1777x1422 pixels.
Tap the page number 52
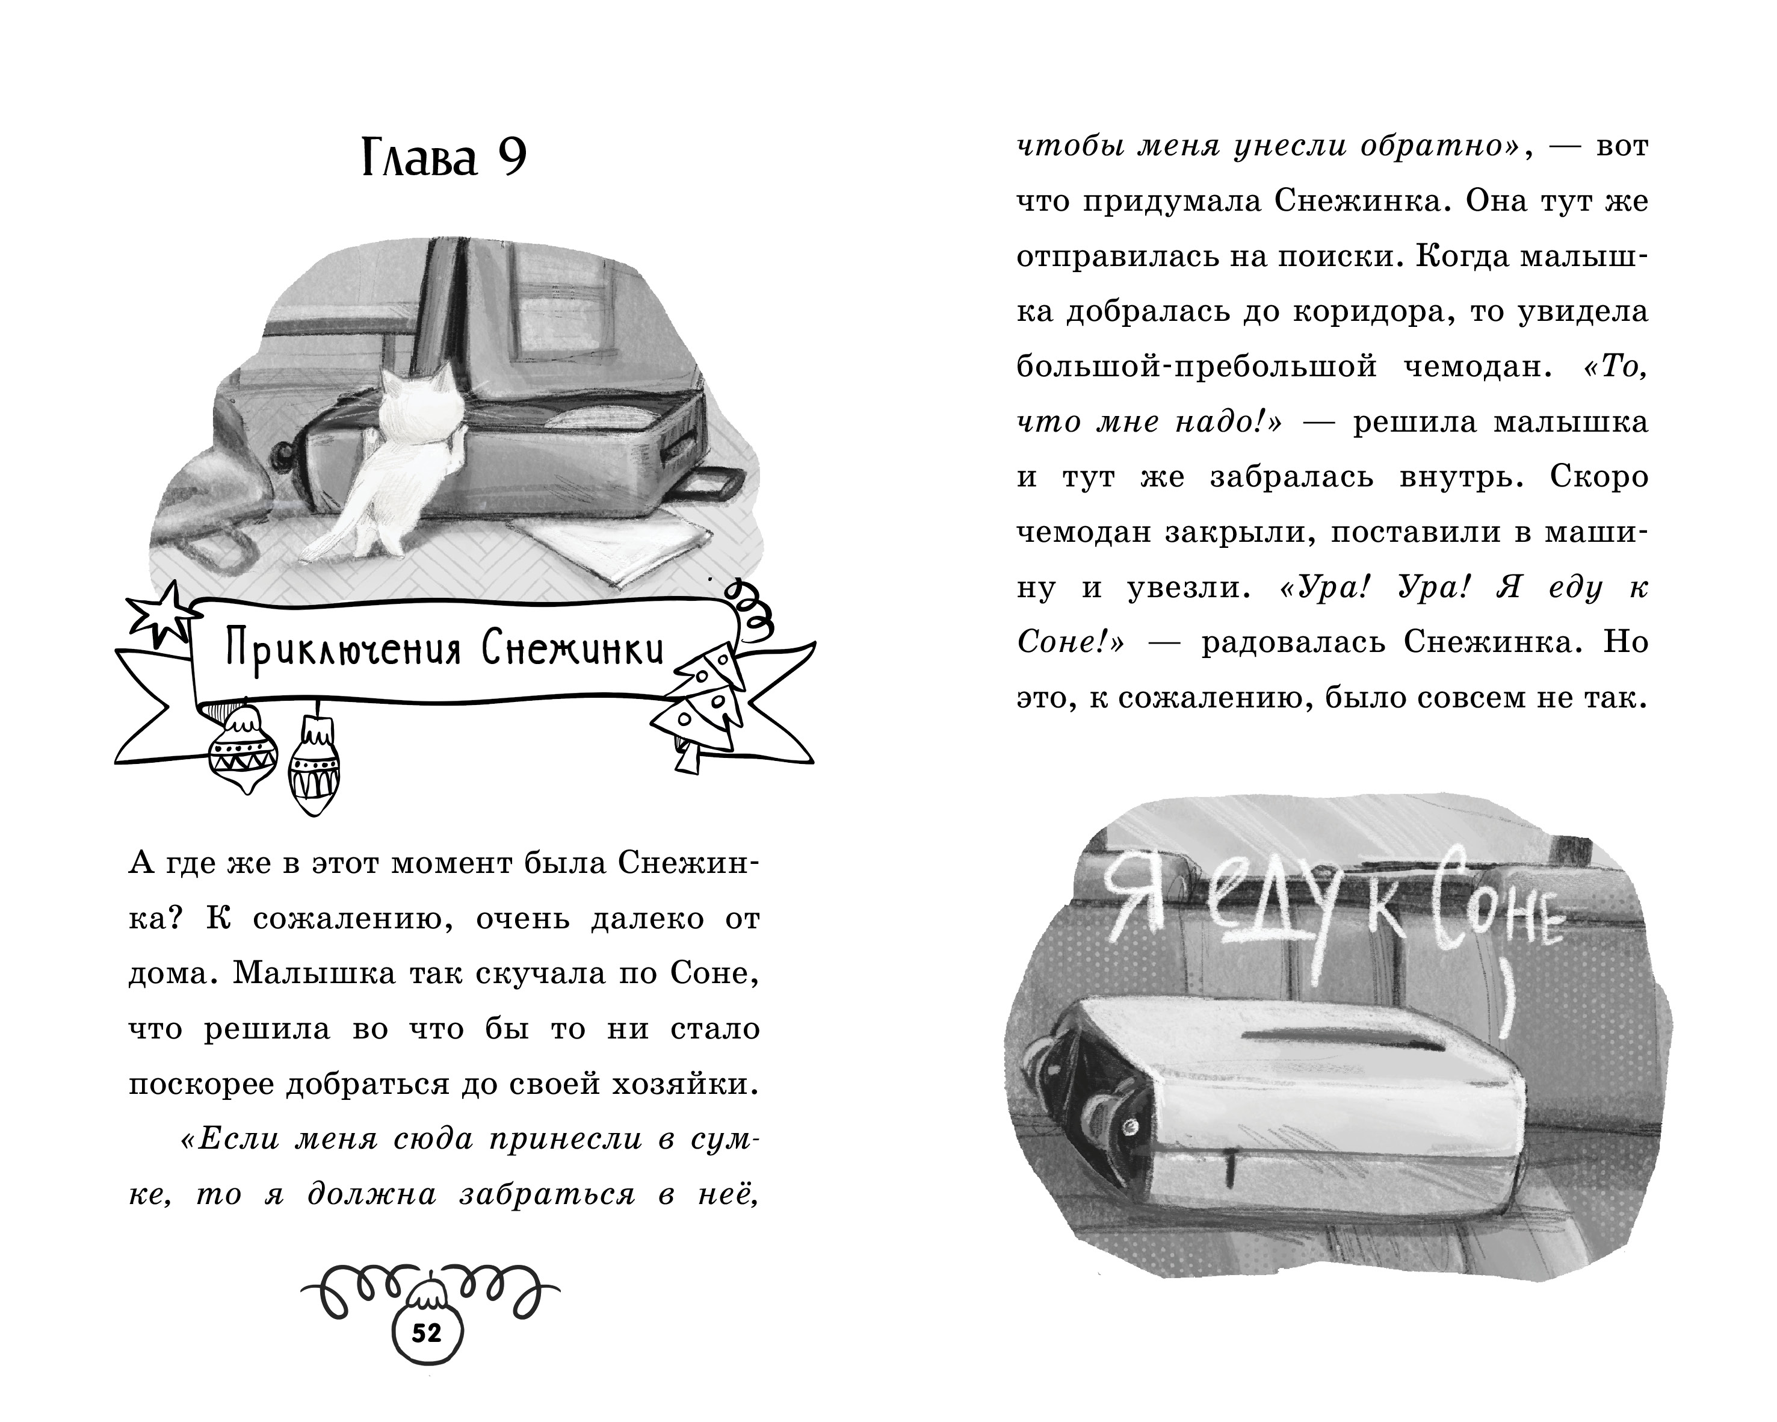[x=426, y=1333]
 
